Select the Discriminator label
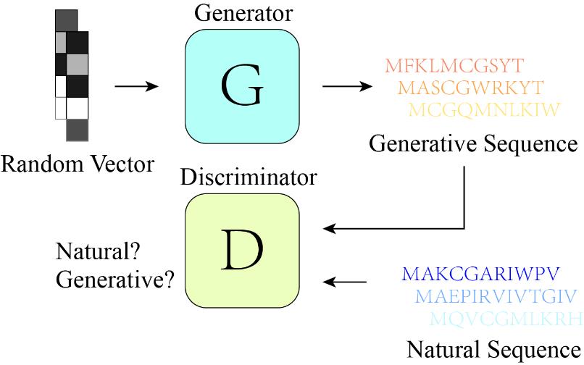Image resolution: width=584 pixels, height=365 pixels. point(249,176)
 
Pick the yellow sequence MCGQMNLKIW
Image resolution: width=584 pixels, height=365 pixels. point(485,110)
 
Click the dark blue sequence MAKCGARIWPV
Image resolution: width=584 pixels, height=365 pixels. point(471,274)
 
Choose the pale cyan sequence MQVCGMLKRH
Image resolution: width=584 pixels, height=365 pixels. point(506,318)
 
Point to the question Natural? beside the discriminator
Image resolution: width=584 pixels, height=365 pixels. point(98,254)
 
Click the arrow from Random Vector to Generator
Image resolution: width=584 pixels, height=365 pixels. point(136,86)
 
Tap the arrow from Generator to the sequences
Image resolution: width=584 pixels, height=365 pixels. point(347,86)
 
